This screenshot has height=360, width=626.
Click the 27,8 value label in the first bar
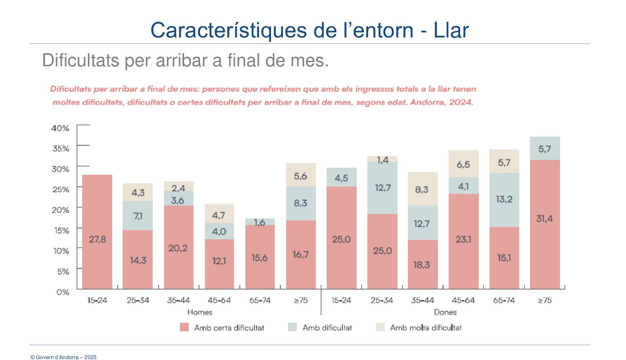pos(97,239)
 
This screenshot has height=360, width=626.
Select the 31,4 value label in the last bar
pos(544,218)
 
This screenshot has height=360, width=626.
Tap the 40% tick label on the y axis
pos(60,128)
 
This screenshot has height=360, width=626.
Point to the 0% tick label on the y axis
pos(63,292)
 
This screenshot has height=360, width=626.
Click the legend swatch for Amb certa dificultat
pos(184,327)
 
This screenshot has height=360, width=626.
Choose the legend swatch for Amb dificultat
pos(292,327)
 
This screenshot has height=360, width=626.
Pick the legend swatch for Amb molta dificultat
pos(380,327)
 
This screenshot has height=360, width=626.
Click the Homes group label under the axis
pos(200,312)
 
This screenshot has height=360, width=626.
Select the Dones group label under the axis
pos(445,312)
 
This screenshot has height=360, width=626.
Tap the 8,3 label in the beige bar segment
pos(422,190)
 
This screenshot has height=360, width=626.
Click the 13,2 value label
pos(504,199)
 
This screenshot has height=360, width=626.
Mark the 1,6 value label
pos(259,223)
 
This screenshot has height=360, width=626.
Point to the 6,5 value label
pos(463,165)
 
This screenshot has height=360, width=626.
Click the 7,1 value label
pos(138,216)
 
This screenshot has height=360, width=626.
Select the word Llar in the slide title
pos(451,30)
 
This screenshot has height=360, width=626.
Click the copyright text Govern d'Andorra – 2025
pos(64,357)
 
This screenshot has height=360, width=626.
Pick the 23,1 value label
pos(463,239)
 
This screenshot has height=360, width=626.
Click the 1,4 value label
pos(382,160)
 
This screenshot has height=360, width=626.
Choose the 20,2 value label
pos(178,248)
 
